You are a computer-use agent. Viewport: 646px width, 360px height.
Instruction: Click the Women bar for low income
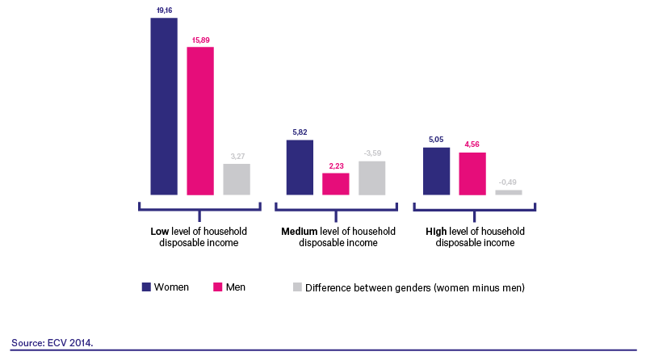point(164,107)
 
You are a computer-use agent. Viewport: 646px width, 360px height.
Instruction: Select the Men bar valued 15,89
point(200,121)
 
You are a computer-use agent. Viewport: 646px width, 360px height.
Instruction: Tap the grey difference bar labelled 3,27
point(237,179)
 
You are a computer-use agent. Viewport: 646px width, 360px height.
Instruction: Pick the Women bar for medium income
point(300,167)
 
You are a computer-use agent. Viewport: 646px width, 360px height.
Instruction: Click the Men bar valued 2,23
point(336,184)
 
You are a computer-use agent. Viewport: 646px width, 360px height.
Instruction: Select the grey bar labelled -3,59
point(372,178)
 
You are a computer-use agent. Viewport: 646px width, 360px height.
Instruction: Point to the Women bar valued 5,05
point(436,171)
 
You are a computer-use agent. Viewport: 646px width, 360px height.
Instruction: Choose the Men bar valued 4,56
point(472,174)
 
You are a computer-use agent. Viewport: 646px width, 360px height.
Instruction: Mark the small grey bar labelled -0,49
point(509,192)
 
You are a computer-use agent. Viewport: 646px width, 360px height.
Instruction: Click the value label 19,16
point(165,10)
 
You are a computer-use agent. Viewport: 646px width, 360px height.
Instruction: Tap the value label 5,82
point(300,132)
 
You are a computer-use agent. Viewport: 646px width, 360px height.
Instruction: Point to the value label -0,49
point(508,182)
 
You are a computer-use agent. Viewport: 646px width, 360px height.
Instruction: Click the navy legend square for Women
point(146,287)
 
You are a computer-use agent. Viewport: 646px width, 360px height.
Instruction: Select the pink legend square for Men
point(217,287)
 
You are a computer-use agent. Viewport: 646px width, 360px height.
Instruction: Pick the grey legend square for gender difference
point(297,287)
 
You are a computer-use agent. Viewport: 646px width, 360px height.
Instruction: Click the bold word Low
point(159,232)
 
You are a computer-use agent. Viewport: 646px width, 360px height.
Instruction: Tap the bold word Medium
point(299,232)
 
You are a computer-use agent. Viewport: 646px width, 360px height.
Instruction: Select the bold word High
point(436,232)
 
